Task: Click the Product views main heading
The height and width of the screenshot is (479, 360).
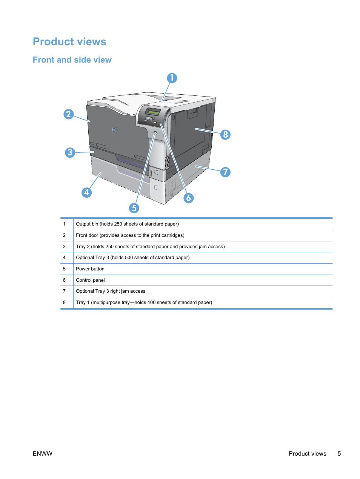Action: [69, 41]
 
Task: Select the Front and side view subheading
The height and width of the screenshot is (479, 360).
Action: [72, 60]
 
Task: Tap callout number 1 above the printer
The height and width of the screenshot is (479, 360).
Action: [172, 78]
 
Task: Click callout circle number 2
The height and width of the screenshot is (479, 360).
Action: [68, 114]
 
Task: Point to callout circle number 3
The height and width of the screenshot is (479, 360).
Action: [70, 152]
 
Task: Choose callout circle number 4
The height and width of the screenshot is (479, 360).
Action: [86, 192]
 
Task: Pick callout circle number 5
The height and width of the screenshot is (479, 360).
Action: [134, 208]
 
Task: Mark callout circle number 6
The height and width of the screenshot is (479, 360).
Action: [189, 198]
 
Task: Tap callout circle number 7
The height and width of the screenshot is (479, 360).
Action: [225, 172]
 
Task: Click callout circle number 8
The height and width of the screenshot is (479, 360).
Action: [225, 135]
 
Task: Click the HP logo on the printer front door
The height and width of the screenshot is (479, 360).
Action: [114, 129]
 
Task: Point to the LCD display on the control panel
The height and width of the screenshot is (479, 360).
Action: [154, 112]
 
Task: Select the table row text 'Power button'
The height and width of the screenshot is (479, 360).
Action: [90, 269]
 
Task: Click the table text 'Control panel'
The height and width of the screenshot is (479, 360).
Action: [90, 280]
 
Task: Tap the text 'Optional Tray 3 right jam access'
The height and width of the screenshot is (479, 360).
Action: [111, 291]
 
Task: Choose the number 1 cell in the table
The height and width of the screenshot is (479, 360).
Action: [64, 224]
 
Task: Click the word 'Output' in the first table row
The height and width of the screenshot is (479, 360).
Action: [83, 224]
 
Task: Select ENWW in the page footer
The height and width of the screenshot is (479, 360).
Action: [43, 454]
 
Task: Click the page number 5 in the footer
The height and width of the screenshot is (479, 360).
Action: [339, 454]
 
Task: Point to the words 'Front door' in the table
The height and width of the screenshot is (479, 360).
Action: [87, 235]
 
